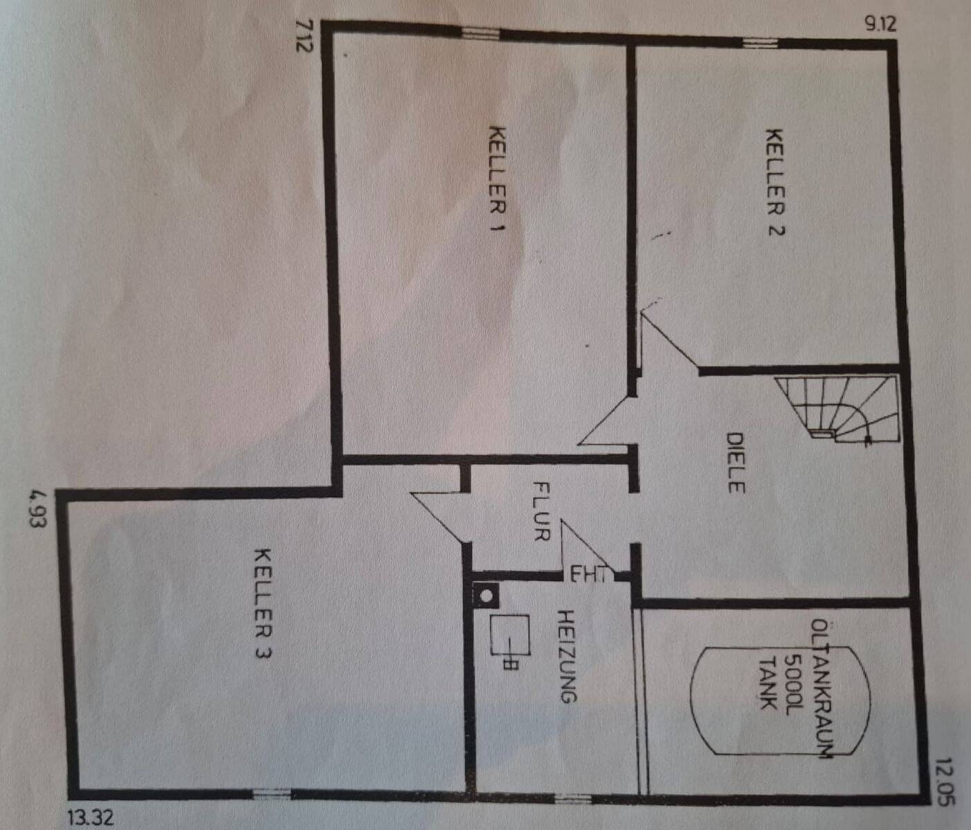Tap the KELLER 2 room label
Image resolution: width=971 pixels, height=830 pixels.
pyautogui.click(x=775, y=182)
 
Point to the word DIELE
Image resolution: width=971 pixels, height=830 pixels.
pyautogui.click(x=735, y=463)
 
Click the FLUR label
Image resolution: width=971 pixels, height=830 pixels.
pyautogui.click(x=541, y=512)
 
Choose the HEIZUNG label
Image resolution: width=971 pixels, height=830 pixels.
pyautogui.click(x=568, y=656)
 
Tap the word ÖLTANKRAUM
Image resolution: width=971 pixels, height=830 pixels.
pyautogui.click(x=822, y=688)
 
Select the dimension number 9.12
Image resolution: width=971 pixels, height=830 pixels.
pyautogui.click(x=880, y=24)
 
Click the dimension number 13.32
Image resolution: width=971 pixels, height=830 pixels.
pyautogui.click(x=91, y=818)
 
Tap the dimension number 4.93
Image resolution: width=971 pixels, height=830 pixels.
pyautogui.click(x=38, y=509)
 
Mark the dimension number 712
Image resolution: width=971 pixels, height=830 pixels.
pyautogui.click(x=305, y=36)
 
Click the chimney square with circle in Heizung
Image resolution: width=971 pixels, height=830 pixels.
pyautogui.click(x=486, y=595)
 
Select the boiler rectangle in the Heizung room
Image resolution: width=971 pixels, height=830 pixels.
pyautogui.click(x=510, y=634)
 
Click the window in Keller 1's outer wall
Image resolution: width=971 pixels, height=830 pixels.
pyautogui.click(x=480, y=33)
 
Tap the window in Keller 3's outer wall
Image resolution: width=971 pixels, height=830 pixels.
pyautogui.click(x=271, y=794)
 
